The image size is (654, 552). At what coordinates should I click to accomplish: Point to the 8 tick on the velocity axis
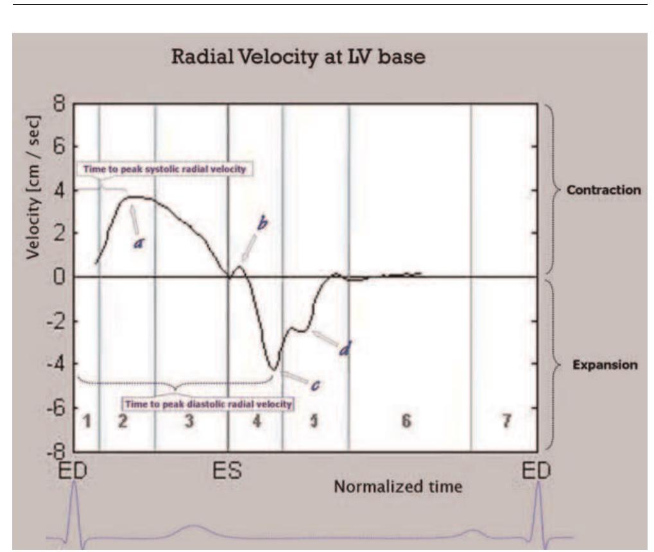(60, 105)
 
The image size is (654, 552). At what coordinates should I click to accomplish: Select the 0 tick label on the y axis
(60, 277)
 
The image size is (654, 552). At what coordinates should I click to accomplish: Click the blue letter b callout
(262, 224)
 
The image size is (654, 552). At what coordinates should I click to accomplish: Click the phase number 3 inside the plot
(188, 421)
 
